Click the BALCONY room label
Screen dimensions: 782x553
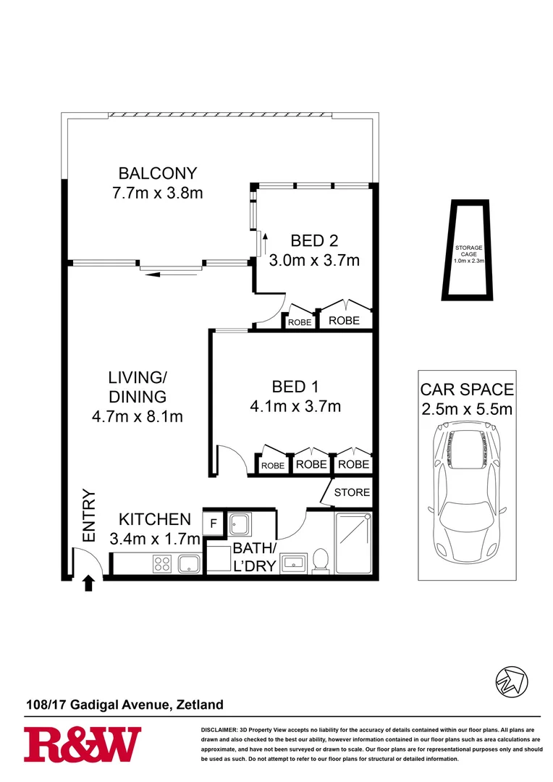click(x=158, y=174)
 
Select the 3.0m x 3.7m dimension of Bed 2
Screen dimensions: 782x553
click(x=314, y=260)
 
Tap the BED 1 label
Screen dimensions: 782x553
click(x=295, y=387)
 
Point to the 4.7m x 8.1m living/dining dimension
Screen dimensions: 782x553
click(x=138, y=416)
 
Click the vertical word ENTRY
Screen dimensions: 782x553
click(x=89, y=516)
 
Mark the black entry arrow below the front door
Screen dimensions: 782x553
click(x=89, y=583)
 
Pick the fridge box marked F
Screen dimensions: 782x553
click(x=214, y=523)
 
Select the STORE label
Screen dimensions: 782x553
click(x=352, y=492)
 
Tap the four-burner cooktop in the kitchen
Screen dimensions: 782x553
click(x=161, y=564)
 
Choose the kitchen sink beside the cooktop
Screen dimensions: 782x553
click(x=190, y=564)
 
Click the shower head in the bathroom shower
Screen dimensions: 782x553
click(x=368, y=517)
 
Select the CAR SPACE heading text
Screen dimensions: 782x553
click(x=467, y=390)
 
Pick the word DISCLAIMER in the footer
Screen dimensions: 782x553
click(x=218, y=729)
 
